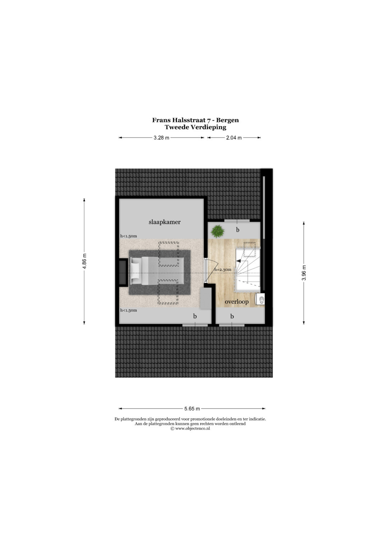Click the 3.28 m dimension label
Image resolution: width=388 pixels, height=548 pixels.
[161, 138]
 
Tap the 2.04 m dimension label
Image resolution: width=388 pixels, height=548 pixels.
[234, 138]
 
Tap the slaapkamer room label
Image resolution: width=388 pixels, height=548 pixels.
[165, 222]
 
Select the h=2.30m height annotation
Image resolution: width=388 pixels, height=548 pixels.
[223, 270]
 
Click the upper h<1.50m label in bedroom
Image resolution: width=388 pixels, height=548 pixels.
[128, 236]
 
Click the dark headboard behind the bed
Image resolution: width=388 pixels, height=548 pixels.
[123, 273]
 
